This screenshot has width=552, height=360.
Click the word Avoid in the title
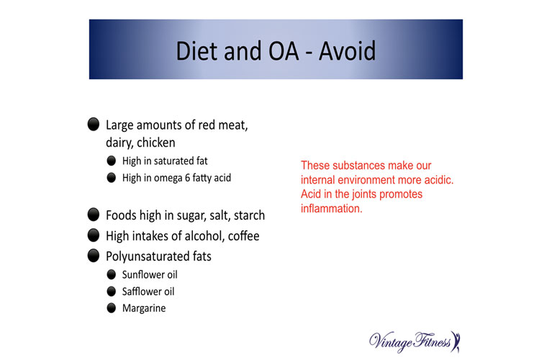(348, 50)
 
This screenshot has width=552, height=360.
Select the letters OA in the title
(284, 51)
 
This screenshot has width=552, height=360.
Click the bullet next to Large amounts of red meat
(94, 124)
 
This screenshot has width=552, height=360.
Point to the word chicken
(156, 143)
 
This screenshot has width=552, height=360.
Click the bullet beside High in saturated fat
(112, 161)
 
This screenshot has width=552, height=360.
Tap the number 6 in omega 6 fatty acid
(187, 178)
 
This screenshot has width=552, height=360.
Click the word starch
(249, 215)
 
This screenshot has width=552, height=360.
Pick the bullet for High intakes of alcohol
(94, 235)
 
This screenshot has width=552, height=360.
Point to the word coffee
(243, 235)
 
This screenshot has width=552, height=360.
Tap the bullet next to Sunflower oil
(112, 274)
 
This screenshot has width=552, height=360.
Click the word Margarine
(144, 309)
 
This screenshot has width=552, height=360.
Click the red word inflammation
(331, 209)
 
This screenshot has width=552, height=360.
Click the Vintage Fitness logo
(415, 342)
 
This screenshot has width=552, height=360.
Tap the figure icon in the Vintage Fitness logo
(456, 342)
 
